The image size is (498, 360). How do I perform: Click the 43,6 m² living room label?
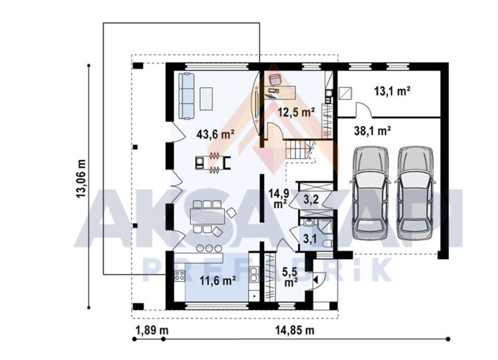point(215,134)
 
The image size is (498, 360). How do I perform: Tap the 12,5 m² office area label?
point(296,112)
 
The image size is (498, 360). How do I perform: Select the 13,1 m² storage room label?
point(392,91)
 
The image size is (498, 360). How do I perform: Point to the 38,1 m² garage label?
point(372,130)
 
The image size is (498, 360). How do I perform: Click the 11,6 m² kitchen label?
point(218,281)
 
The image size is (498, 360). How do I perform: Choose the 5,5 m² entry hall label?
point(290,276)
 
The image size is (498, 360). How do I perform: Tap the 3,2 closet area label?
point(311,199)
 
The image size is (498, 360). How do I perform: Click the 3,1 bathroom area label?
point(309,238)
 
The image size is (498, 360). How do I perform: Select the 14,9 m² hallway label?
point(279,198)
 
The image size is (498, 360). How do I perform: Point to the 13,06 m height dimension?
point(81,179)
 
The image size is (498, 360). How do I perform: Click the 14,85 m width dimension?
point(295,330)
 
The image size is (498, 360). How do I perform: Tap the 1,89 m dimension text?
point(152,330)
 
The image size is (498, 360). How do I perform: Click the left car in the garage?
point(370,193)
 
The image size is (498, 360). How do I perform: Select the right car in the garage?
point(415,193)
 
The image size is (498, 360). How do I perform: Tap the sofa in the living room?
point(186,96)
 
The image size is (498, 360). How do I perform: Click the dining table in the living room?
point(207,216)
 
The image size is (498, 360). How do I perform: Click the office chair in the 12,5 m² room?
point(275,79)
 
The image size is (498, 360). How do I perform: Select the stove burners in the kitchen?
point(179,276)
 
